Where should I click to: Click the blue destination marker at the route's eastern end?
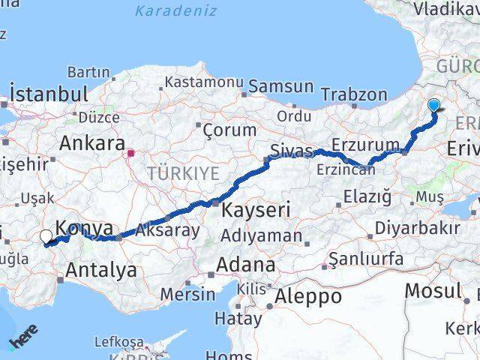(x=434, y=106)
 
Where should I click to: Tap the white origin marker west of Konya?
(x=46, y=237)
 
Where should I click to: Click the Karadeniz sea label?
(x=176, y=11)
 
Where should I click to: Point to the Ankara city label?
(x=91, y=142)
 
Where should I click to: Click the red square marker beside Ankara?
(x=131, y=154)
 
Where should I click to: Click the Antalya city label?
(x=102, y=270)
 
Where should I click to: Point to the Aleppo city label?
(x=308, y=295)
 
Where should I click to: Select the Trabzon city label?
(x=354, y=94)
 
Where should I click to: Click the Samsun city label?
(x=270, y=86)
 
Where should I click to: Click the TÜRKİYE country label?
(x=183, y=173)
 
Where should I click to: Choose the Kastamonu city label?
(x=205, y=82)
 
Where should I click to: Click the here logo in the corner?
(x=22, y=337)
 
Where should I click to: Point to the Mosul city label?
(x=433, y=290)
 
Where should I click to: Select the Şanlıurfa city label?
(x=367, y=259)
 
